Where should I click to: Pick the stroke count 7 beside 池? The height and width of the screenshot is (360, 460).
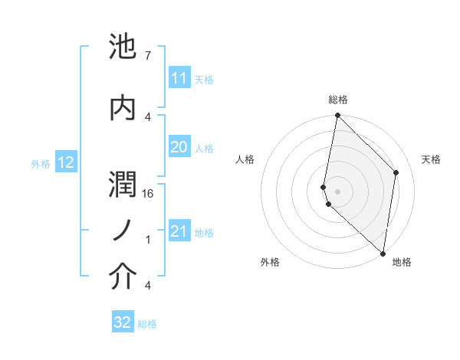pos(147,56)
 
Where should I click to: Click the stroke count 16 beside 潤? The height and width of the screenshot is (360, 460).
pos(149,195)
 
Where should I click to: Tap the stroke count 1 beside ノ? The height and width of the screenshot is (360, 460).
pos(147,240)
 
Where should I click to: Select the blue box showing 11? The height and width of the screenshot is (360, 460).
pos(179,78)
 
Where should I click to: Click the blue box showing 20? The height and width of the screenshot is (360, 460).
pos(179,147)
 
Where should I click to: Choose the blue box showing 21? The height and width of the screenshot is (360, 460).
pos(179,231)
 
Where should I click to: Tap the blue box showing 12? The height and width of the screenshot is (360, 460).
pos(65,162)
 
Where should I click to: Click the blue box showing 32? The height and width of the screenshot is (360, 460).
pos(123,322)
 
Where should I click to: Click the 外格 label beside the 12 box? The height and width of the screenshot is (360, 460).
pos(41,163)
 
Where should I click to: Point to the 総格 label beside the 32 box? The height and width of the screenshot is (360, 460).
pos(147,324)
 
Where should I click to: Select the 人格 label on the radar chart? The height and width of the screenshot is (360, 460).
pos(245,159)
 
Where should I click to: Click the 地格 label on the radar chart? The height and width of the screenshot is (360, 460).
pos(402,263)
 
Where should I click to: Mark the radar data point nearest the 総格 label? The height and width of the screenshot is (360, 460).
pos(337,116)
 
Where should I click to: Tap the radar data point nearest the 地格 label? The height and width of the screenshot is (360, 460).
pos(383,253)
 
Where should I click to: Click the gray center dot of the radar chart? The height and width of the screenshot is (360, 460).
pos(337,191)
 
